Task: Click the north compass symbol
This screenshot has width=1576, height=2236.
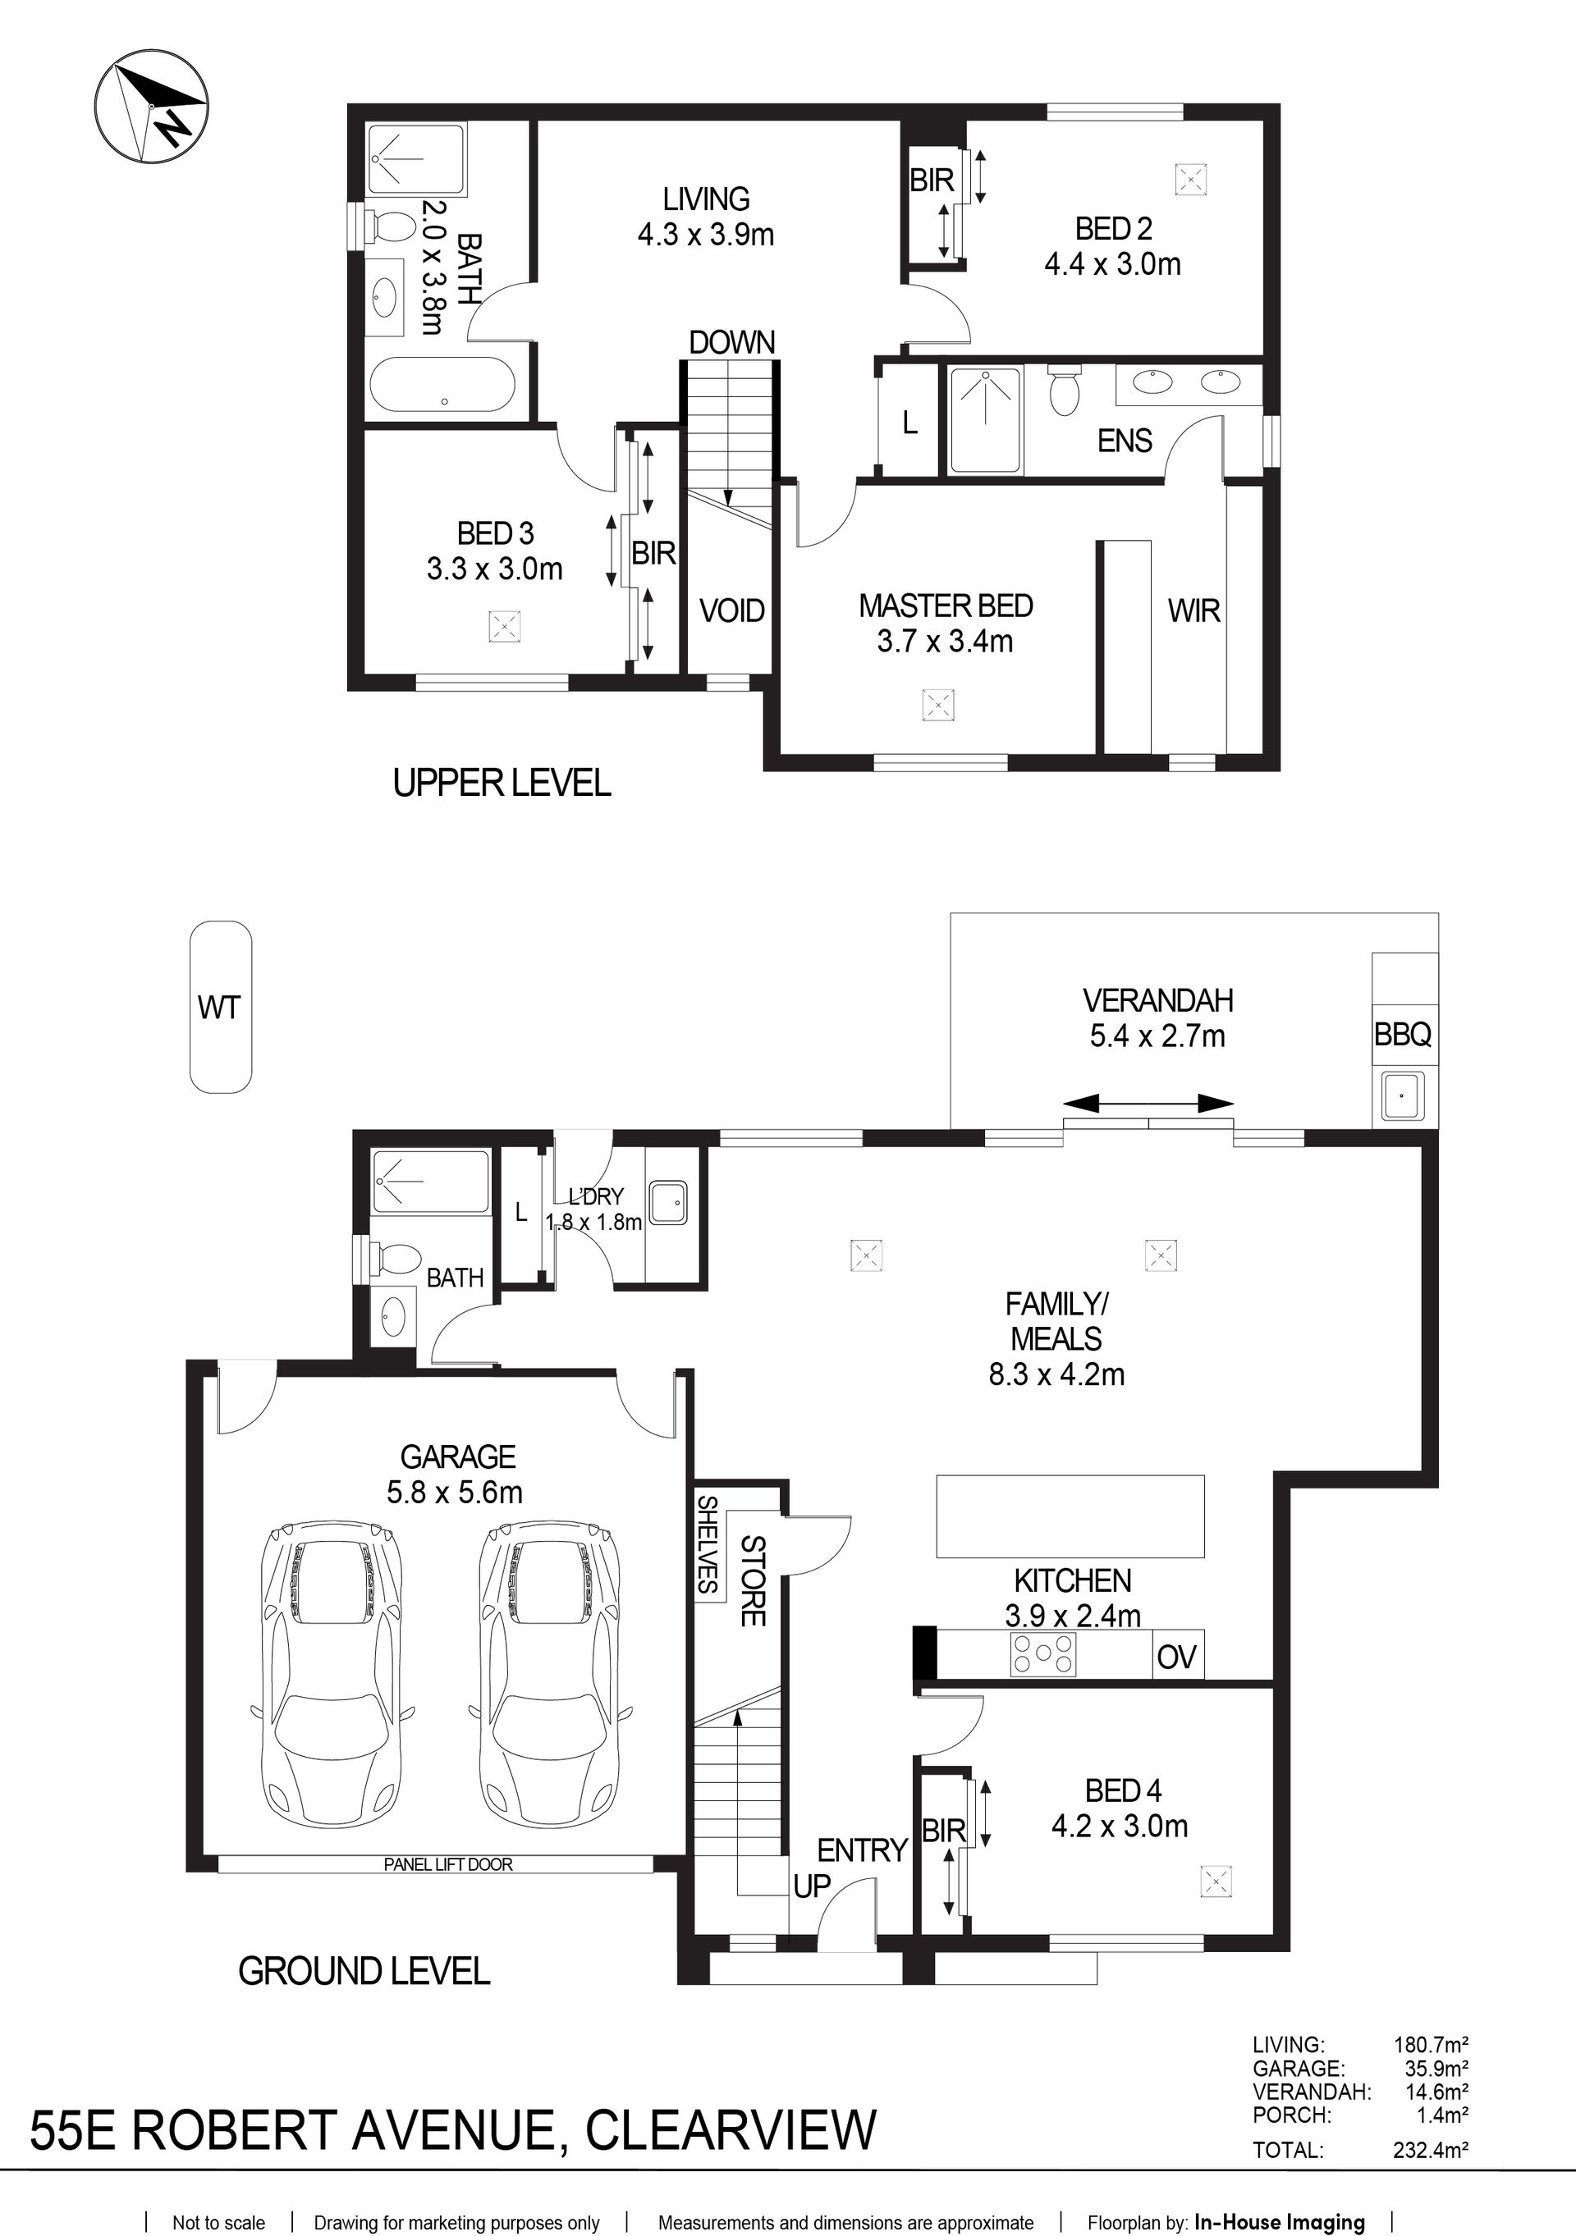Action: coord(151,106)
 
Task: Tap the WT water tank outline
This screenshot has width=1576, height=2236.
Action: coord(220,1007)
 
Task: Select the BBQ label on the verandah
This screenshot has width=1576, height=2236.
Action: coord(1403,1034)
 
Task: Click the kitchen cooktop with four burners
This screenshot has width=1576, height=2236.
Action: coord(1043,1653)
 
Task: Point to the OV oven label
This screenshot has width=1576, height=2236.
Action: coord(1176,1657)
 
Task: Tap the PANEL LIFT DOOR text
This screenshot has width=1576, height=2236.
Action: coord(448,1864)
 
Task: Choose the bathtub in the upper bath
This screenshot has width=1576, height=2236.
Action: coord(442,386)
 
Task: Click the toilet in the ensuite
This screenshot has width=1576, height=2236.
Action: coord(1064,390)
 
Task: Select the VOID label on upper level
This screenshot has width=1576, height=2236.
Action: coord(732,610)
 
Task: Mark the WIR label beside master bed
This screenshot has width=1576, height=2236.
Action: coord(1194,610)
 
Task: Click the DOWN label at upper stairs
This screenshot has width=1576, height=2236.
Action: coord(732,342)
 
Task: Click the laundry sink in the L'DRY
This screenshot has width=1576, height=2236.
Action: coord(668,1203)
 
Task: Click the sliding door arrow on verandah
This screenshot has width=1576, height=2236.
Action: coord(1148,1104)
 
